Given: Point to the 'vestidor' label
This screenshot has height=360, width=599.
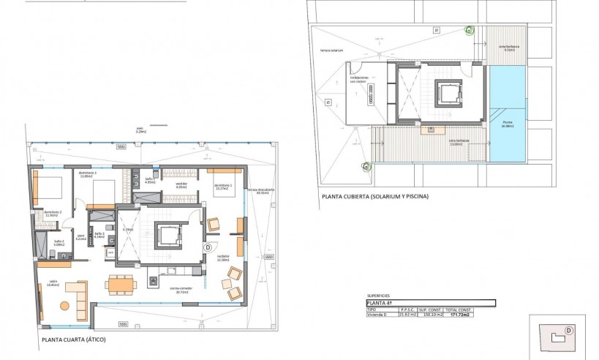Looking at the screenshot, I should (x=182, y=186).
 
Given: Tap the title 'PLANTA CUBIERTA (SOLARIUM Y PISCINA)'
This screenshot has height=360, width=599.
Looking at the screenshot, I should (x=374, y=197).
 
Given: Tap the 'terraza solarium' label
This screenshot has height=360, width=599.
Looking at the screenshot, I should (x=331, y=52).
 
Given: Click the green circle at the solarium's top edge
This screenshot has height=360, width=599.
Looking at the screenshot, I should (x=470, y=30).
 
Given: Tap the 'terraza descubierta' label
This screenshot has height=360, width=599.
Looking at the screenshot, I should (x=260, y=191).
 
